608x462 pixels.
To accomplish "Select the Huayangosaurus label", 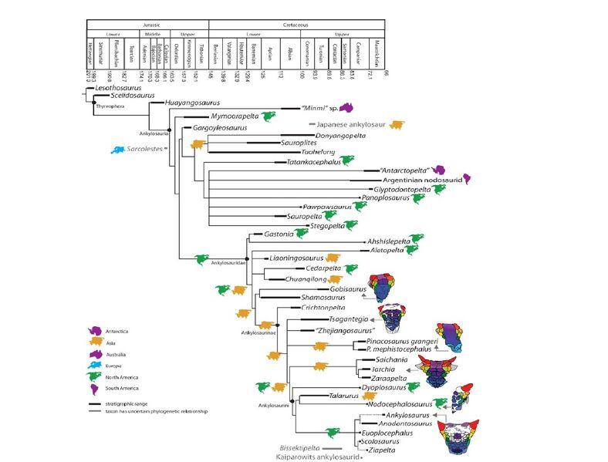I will click(193, 103).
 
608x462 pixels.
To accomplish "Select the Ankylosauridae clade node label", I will click(228, 263).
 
